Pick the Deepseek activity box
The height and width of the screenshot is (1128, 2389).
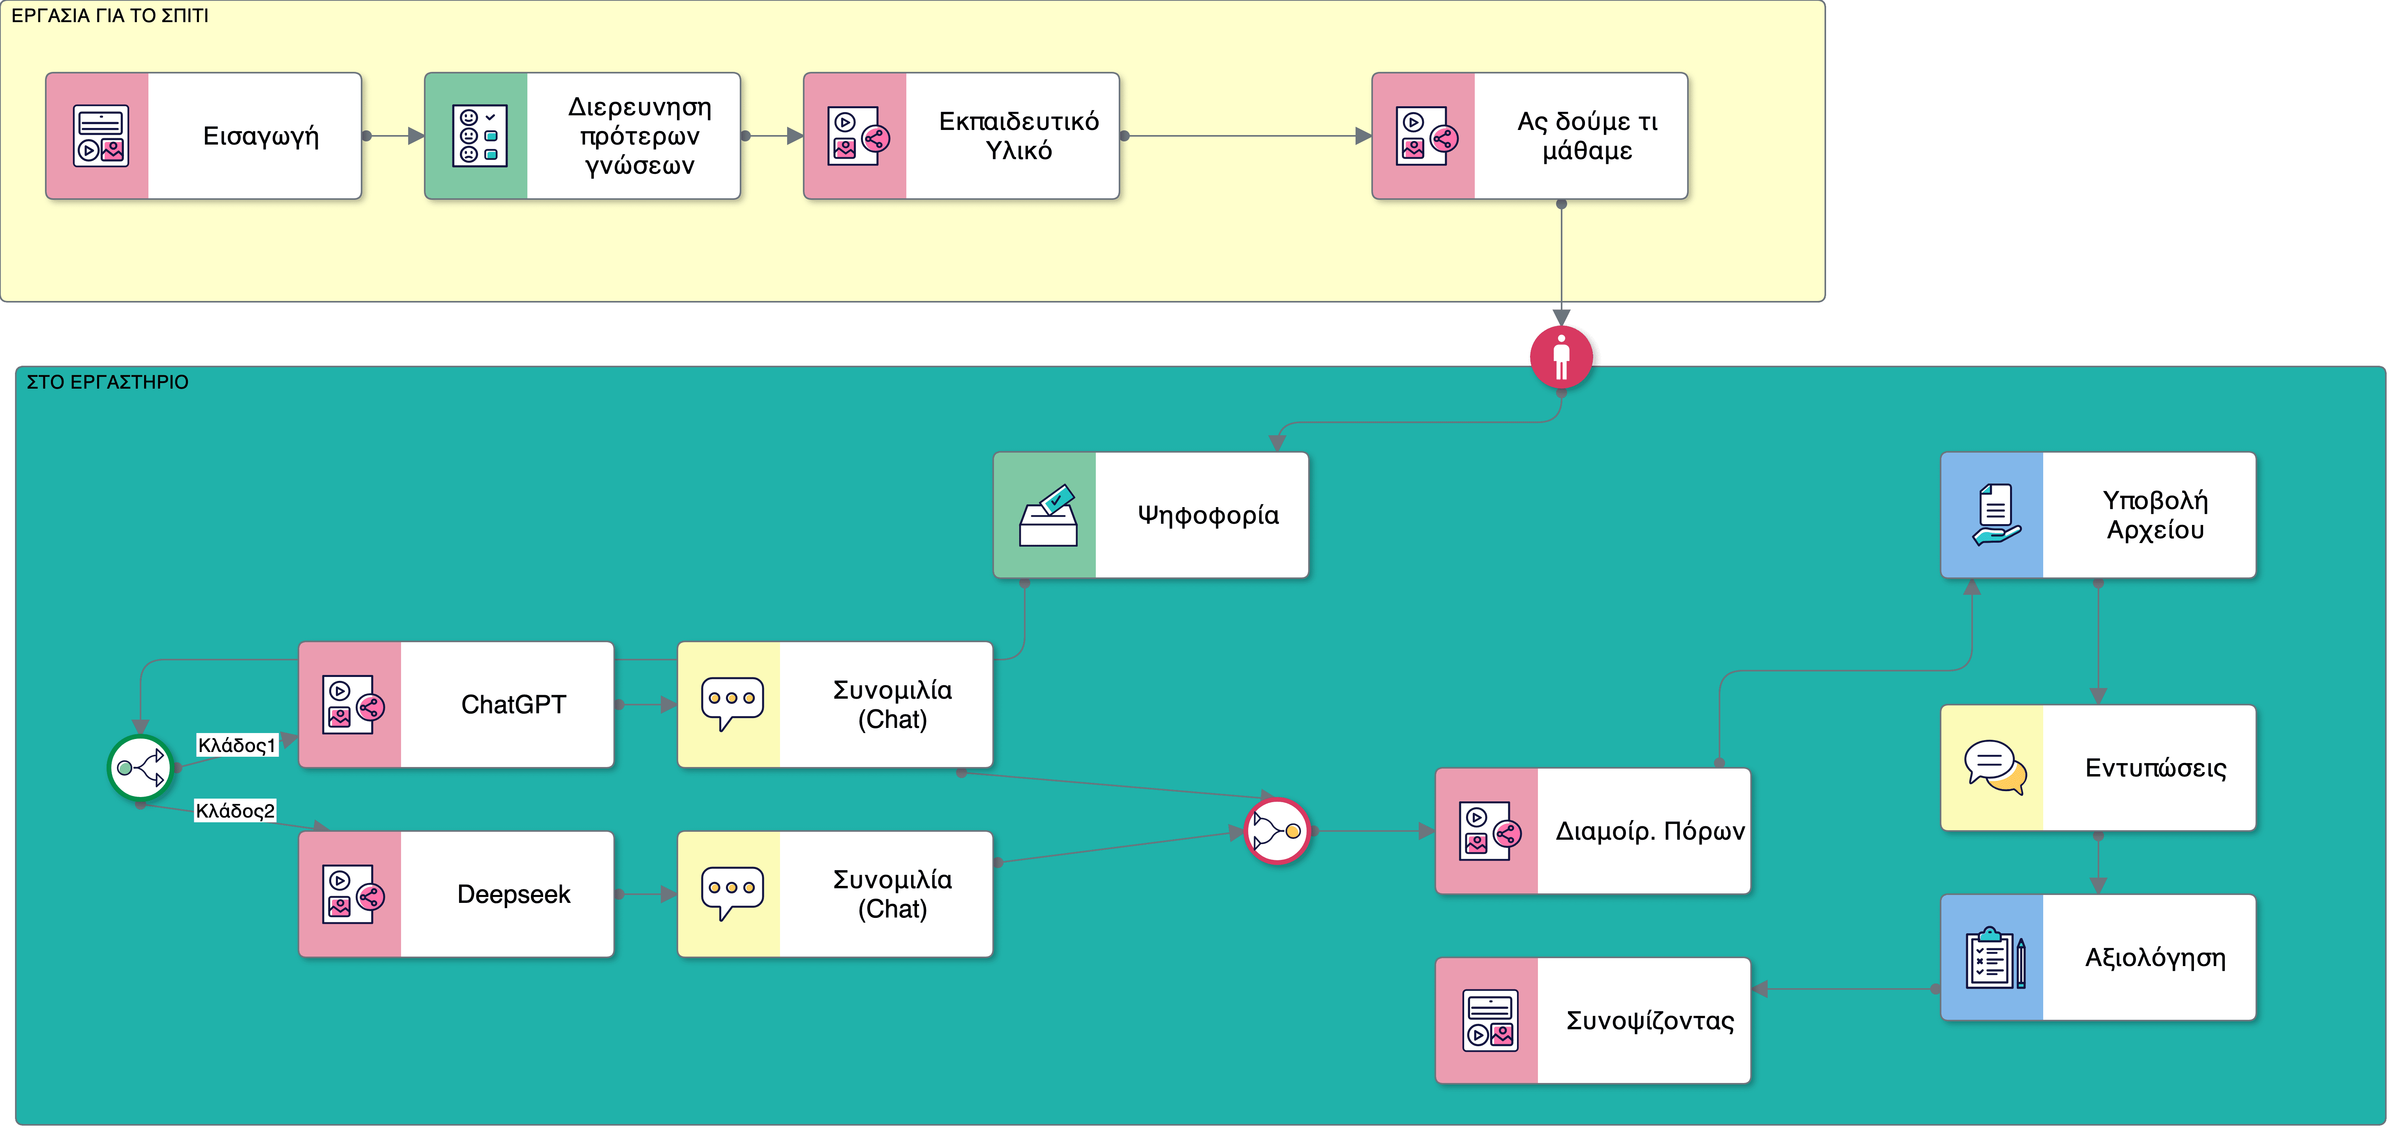pyautogui.click(x=456, y=894)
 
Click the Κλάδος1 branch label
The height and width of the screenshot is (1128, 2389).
pyautogui.click(x=236, y=745)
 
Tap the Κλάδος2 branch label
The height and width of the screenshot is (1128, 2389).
pyautogui.click(x=234, y=811)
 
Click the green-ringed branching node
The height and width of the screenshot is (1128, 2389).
pyautogui.click(x=140, y=767)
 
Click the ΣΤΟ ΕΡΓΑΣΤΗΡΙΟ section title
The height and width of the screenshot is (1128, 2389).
pyautogui.click(x=108, y=382)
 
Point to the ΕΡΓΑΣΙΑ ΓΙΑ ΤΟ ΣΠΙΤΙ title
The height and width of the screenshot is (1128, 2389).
pyautogui.click(x=109, y=16)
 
